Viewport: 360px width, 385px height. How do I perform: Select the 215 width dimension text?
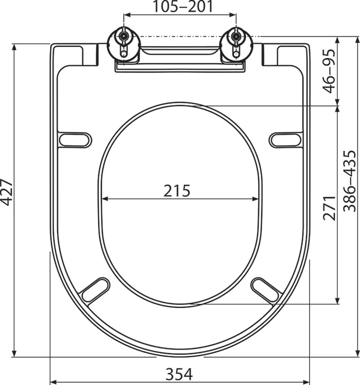[x=177, y=190]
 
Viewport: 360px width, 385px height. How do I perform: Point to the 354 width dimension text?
[x=179, y=374]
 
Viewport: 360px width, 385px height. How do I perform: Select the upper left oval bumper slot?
[x=75, y=139]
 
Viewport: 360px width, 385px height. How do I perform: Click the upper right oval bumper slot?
[x=285, y=139]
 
